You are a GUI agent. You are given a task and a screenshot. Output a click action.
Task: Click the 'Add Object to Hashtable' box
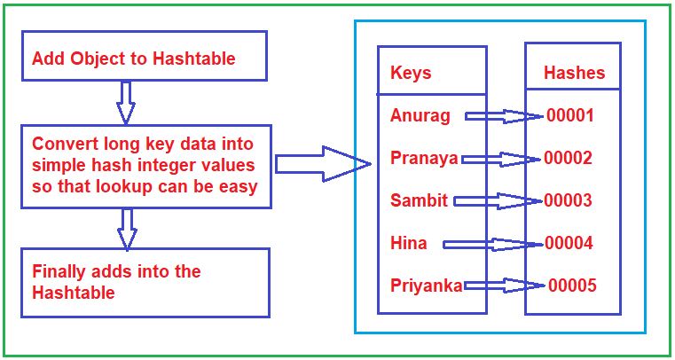click(x=145, y=58)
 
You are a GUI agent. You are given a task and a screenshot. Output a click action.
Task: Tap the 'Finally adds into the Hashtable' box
click(x=145, y=282)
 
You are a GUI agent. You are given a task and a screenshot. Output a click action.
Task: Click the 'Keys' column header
click(x=411, y=73)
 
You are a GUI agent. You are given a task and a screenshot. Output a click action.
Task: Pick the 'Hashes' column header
click(x=574, y=72)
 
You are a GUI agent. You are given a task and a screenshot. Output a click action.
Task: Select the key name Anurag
click(x=420, y=115)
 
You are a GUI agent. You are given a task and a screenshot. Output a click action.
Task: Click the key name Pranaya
click(x=424, y=159)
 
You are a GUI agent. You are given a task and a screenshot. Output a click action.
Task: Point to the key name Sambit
click(x=420, y=200)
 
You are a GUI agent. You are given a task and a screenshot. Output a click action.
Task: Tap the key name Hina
click(x=408, y=243)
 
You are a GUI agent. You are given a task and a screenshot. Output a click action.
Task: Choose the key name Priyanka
click(x=427, y=286)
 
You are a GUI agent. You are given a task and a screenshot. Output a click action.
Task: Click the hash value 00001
click(x=569, y=115)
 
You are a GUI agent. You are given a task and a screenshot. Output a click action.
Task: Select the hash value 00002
click(x=568, y=159)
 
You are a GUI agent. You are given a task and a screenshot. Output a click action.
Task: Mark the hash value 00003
click(x=568, y=200)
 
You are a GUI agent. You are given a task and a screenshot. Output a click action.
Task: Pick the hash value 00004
click(x=569, y=243)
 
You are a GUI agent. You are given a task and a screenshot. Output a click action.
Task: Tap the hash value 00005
click(x=572, y=286)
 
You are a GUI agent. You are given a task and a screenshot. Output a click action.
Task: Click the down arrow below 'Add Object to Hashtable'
click(x=126, y=101)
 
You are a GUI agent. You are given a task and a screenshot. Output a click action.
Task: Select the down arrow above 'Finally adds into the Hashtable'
click(x=127, y=228)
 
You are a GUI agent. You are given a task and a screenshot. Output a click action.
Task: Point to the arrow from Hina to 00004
click(x=493, y=244)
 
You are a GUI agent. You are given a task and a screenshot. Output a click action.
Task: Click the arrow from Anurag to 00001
click(x=503, y=116)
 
